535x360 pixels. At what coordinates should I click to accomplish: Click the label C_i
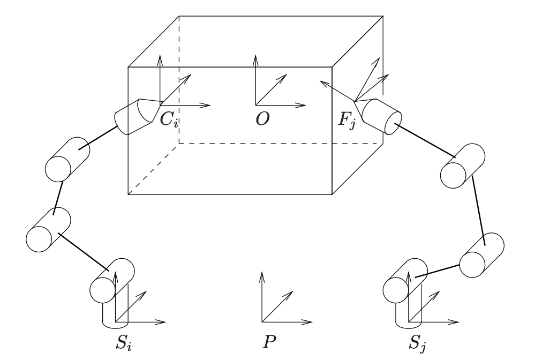pos(170,119)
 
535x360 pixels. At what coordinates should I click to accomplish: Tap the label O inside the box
pos(262,119)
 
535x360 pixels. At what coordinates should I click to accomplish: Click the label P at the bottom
pos(262,341)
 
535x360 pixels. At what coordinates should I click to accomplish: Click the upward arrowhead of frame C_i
pos(160,57)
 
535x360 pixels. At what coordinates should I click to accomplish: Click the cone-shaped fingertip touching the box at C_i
pos(146,110)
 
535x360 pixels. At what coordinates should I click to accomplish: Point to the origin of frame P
pos(262,322)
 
